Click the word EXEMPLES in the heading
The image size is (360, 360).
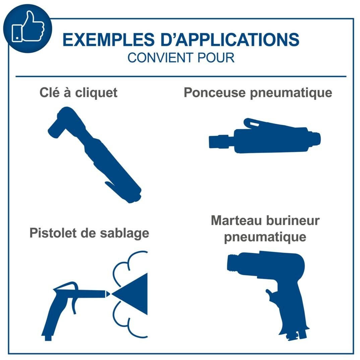pos(109,40)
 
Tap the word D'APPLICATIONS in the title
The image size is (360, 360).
pos(230,40)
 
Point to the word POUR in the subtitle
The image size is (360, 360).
pos(216,58)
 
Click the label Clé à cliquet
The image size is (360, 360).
pos(78,93)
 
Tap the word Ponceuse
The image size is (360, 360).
pos(215,93)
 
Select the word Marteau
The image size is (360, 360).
pos(236,220)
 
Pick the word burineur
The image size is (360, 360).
pos(293,220)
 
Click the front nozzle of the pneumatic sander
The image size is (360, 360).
pos(221,141)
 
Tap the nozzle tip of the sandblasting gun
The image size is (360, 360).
pos(108,294)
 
